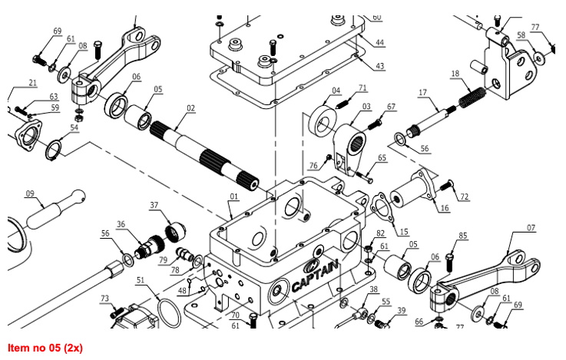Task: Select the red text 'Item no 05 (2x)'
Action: coord(45,348)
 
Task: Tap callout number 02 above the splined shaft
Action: coord(190,108)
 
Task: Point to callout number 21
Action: coord(32,83)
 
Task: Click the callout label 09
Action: coord(31,193)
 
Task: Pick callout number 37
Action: coord(154,205)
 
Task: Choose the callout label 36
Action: coord(121,224)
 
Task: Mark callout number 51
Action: coord(141,281)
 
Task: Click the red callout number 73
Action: coord(104,298)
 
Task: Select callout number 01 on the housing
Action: coord(233,197)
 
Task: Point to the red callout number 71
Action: coord(362,88)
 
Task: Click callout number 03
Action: coord(366,107)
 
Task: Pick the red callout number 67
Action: coord(391,107)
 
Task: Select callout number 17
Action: coord(422,92)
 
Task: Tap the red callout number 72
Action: coord(464,197)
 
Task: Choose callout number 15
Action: coord(403,231)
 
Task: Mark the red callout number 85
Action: coord(462,235)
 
